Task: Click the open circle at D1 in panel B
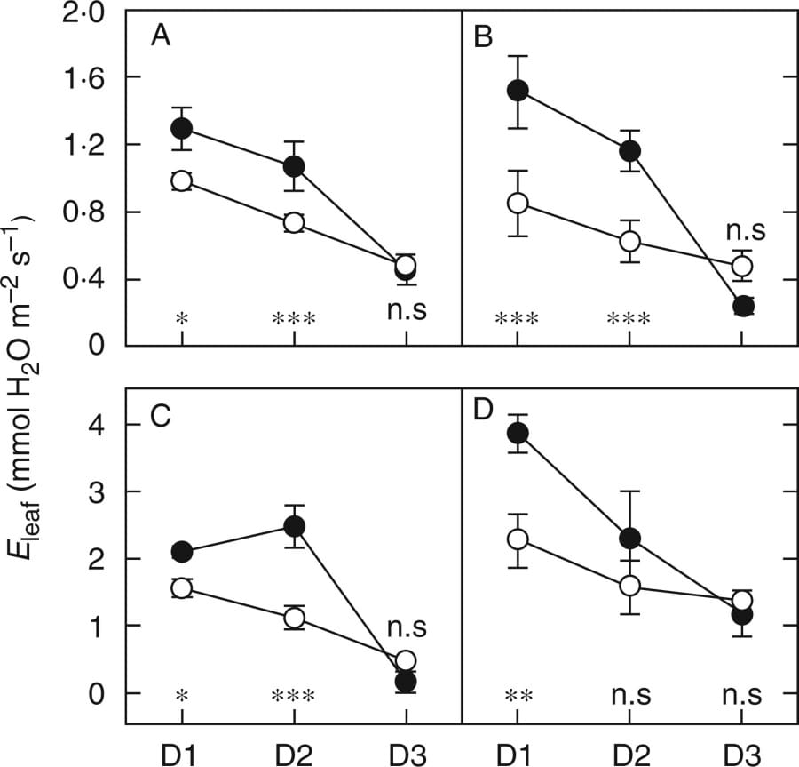[518, 204]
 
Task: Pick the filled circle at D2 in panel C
[294, 525]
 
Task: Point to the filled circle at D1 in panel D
[518, 433]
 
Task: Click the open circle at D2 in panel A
[294, 222]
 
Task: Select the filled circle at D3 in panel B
[743, 306]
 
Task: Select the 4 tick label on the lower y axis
[100, 425]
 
